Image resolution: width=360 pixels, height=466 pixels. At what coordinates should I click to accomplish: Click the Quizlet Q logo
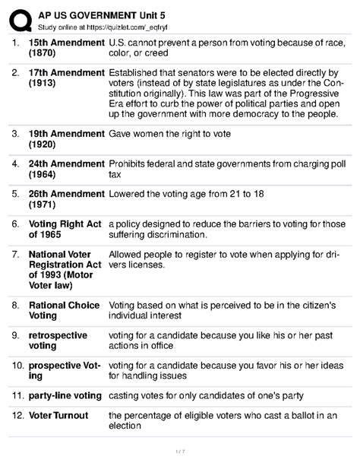coord(18,14)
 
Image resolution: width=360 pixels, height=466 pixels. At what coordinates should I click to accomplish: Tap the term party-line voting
coord(65,396)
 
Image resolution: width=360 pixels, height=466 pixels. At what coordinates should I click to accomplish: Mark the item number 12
coord(17,416)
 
